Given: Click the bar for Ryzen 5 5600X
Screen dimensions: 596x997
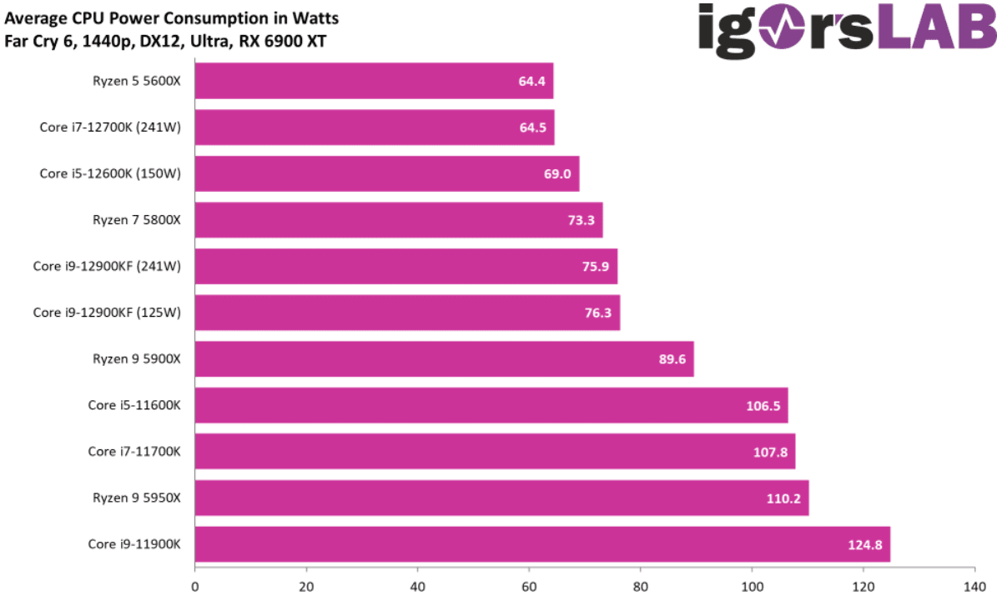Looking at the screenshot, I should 374,81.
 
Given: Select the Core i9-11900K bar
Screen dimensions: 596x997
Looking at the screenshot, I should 542,544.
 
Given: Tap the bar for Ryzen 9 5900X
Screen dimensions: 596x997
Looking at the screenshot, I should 444,359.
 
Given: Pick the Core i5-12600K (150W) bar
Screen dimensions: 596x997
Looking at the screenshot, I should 386,173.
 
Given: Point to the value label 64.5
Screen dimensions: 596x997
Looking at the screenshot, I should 531,128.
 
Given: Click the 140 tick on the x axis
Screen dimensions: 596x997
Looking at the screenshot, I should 974,585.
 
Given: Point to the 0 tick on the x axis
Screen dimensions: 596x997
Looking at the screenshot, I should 195,585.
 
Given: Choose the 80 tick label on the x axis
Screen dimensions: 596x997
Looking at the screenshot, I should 641,585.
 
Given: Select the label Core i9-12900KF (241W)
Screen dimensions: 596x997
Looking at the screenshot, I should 107,267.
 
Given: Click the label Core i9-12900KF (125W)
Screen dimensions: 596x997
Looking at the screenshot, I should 107,313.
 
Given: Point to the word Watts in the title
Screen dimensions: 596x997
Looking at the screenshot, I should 316,18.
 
